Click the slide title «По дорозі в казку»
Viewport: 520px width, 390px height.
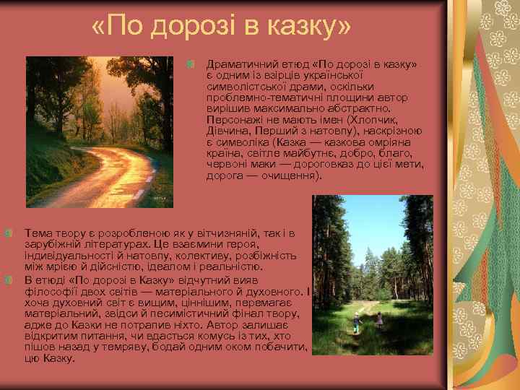221,27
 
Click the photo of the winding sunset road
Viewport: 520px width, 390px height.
100,131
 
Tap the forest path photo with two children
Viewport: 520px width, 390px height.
372,274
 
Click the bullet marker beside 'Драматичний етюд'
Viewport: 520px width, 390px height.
191,65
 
